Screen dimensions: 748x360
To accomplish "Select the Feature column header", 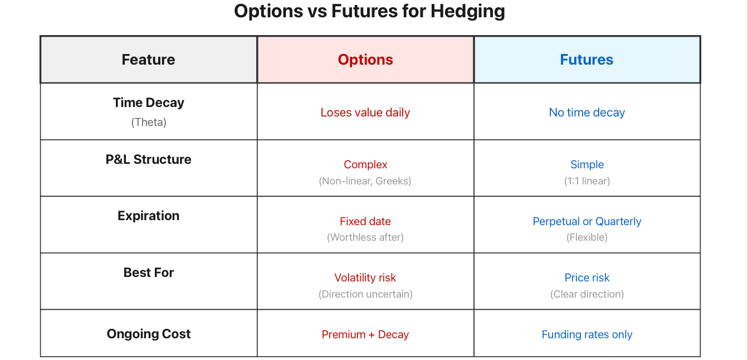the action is pos(148,60).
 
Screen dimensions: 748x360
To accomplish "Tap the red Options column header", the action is pos(365,60).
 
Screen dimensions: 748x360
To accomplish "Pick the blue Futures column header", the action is pos(586,60).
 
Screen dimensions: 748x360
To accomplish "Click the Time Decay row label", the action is pos(149,103).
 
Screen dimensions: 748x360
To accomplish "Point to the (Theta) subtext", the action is pos(149,122).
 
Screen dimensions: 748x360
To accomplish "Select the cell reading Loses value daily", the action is pos(365,113).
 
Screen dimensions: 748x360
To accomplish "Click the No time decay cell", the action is pos(587,113).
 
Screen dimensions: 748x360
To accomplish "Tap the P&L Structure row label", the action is pos(149,159).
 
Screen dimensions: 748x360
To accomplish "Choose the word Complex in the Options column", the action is pos(365,164).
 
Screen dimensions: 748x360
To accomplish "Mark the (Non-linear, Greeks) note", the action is pos(365,181).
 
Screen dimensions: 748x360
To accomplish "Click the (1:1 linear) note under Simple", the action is pos(587,181).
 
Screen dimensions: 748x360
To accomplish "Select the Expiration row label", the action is pos(149,216).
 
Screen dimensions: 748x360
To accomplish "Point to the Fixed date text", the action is pos(365,221).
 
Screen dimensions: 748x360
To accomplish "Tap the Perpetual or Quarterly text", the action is pos(587,221).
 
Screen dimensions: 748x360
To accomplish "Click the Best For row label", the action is pos(149,273).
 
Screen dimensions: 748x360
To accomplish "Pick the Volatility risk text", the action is pos(365,278).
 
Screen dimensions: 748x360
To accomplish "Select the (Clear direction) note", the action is pos(587,294).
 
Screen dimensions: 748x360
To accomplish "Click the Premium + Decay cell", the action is pos(365,334).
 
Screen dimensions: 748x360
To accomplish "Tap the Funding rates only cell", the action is pos(587,334).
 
